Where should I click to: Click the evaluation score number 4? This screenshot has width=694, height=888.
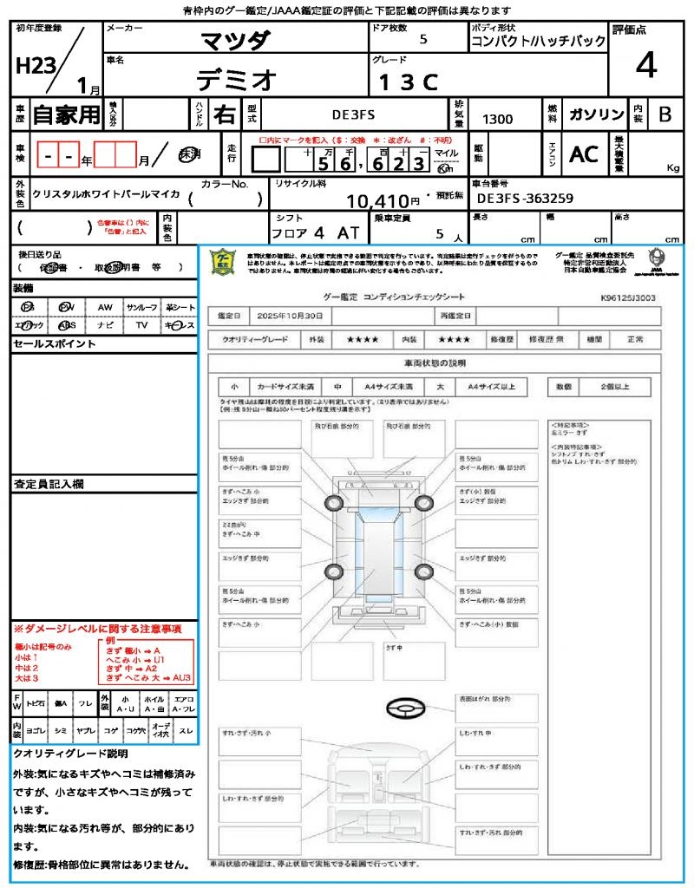coord(645,65)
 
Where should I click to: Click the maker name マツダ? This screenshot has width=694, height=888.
coord(236,41)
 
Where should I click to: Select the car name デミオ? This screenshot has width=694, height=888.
coord(236,80)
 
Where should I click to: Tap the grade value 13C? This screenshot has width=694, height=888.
coord(408,82)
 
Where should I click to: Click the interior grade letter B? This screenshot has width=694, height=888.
coord(665,114)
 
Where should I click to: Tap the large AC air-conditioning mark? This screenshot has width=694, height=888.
coord(584,153)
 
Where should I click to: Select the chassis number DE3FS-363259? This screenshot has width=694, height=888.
coord(525,198)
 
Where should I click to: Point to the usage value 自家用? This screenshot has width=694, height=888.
coord(66,114)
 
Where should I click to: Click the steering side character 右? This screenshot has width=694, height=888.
coord(225,114)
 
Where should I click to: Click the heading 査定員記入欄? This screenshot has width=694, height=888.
coord(48,483)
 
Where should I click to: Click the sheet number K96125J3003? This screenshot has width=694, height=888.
coord(627,297)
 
